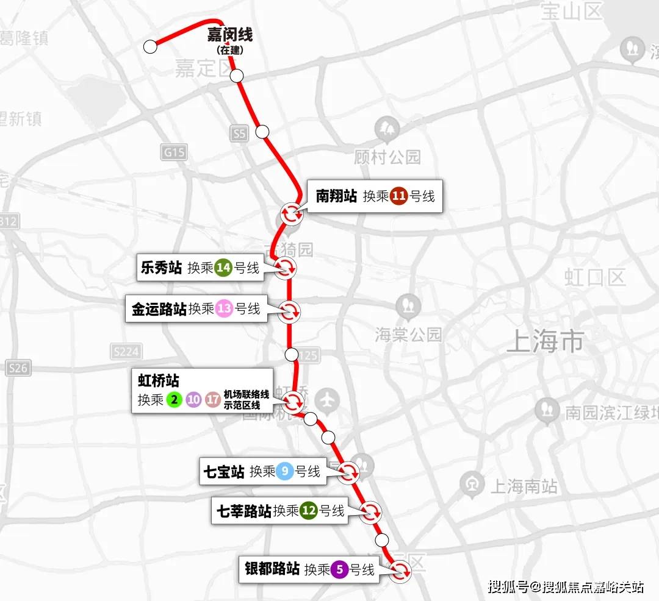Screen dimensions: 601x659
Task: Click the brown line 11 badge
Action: (x=398, y=196)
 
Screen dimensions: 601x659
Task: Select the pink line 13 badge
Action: (x=225, y=309)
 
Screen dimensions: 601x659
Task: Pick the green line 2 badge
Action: (x=175, y=400)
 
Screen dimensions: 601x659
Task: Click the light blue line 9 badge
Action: (x=285, y=471)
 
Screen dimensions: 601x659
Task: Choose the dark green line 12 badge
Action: (x=309, y=511)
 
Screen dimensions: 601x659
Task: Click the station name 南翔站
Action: (x=336, y=196)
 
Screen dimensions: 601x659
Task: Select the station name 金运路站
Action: (x=159, y=309)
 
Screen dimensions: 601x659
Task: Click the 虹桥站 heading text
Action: (x=159, y=382)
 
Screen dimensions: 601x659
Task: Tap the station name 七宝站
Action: (x=224, y=471)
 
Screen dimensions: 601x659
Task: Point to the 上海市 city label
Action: (x=545, y=342)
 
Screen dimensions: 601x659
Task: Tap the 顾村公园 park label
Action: (x=387, y=157)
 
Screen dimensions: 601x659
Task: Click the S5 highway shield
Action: (x=240, y=133)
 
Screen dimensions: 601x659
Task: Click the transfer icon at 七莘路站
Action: (x=370, y=512)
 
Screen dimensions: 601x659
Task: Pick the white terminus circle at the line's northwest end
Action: (x=150, y=46)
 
